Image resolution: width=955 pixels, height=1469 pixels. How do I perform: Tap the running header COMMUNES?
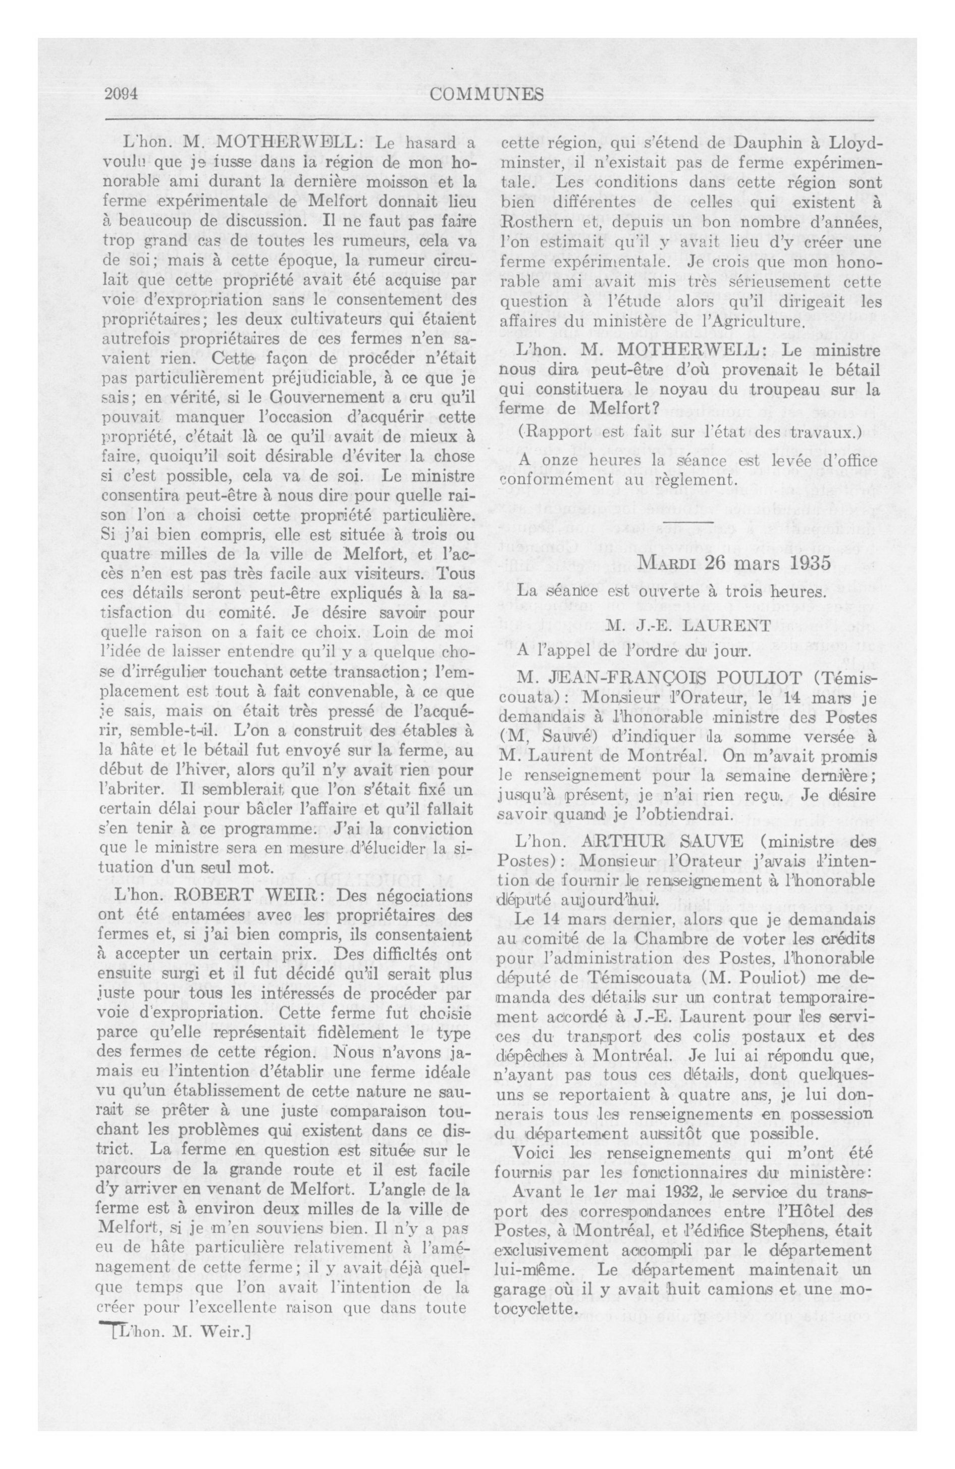click(487, 94)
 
